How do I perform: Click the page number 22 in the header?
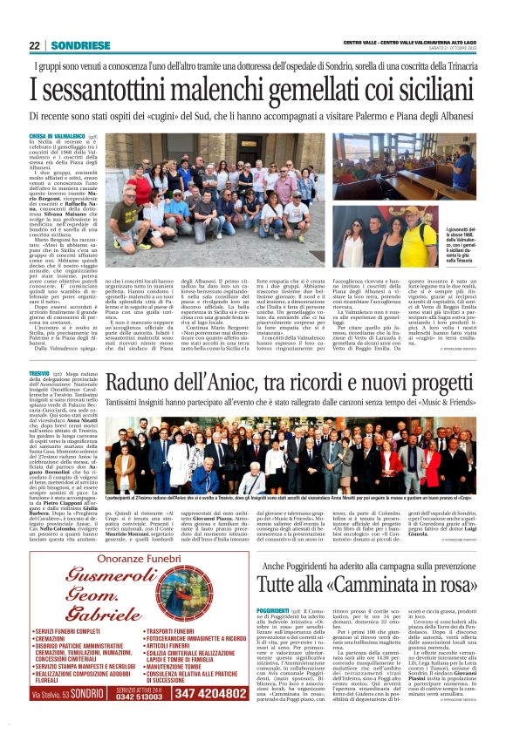click(x=36, y=45)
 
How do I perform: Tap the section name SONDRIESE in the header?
click(x=74, y=45)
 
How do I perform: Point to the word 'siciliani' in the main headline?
click(x=421, y=88)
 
